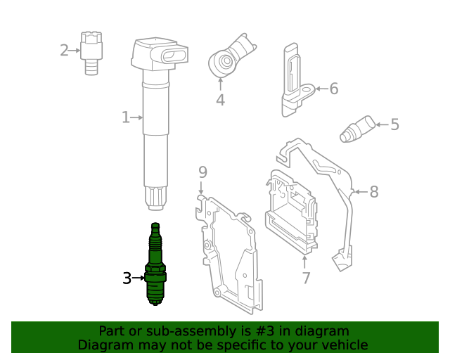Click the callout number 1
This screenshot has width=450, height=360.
(125, 117)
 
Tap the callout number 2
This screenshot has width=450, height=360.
(64, 50)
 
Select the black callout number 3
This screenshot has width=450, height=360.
(127, 278)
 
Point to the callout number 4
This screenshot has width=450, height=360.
(220, 101)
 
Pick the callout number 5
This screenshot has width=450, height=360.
(394, 125)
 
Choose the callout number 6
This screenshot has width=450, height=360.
(333, 89)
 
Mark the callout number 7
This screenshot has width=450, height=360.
(306, 278)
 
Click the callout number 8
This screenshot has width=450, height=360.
(373, 191)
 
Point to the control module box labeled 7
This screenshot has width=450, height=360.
(291, 211)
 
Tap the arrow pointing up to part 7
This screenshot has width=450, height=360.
(305, 262)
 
